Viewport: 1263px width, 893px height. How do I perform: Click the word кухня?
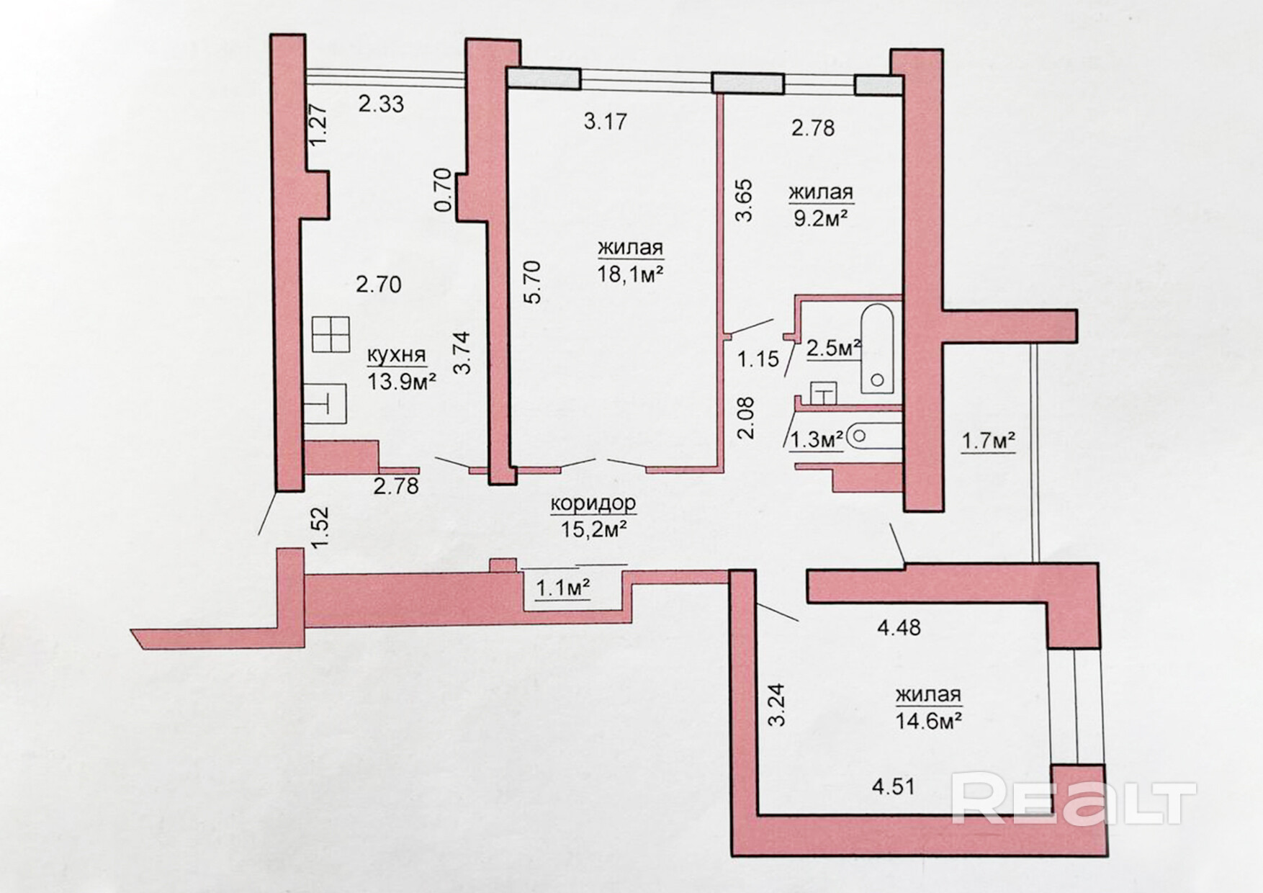(397, 356)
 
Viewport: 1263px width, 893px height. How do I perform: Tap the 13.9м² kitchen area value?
(403, 381)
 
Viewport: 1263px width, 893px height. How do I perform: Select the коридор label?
(593, 503)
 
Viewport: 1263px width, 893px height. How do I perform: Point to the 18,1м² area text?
(630, 274)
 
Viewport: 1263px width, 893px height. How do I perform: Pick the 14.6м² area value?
(929, 720)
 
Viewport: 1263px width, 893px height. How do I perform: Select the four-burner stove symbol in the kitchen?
(331, 334)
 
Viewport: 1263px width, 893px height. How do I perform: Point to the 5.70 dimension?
(532, 282)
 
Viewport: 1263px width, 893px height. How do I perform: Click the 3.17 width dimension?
(606, 121)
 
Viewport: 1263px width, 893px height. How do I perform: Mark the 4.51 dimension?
(894, 786)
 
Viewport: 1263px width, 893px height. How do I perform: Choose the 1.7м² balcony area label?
(989, 441)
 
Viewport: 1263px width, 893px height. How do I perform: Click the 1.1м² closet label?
(563, 589)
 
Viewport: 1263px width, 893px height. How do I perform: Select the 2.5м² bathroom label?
(834, 349)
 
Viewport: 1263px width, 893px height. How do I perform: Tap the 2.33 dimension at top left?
(381, 104)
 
